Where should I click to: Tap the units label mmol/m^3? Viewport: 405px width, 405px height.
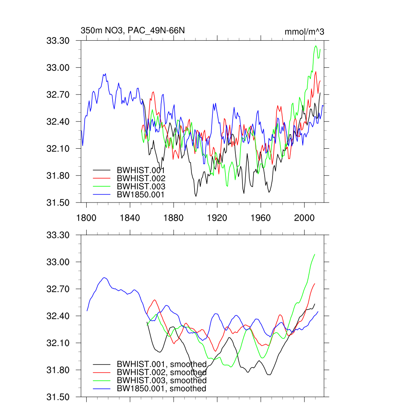click(304, 32)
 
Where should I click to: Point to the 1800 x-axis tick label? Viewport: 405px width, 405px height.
click(86, 217)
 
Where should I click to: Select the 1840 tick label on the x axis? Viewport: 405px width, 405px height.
click(130, 217)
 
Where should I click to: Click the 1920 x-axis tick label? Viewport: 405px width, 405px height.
click(217, 217)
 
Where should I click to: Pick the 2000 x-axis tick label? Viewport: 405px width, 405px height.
click(304, 217)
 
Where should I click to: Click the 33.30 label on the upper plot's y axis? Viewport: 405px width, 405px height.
click(58, 41)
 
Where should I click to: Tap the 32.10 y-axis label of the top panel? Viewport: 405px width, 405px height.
click(58, 149)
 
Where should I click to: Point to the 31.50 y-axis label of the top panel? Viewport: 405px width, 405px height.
click(58, 202)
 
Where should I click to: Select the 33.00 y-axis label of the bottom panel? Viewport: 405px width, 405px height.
click(58, 262)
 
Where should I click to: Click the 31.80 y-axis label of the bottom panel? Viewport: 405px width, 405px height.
click(58, 370)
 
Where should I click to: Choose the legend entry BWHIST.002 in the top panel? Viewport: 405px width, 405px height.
click(141, 178)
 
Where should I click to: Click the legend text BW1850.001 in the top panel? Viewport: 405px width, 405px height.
click(141, 194)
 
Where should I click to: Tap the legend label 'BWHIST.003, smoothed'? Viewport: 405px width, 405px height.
click(161, 380)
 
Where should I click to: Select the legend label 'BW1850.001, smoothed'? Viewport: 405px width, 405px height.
click(161, 389)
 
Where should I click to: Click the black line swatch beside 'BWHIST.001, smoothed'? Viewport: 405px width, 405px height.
click(101, 364)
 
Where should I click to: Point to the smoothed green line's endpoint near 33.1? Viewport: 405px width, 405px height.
click(315, 254)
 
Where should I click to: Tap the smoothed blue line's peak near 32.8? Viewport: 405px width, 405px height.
click(104, 278)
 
